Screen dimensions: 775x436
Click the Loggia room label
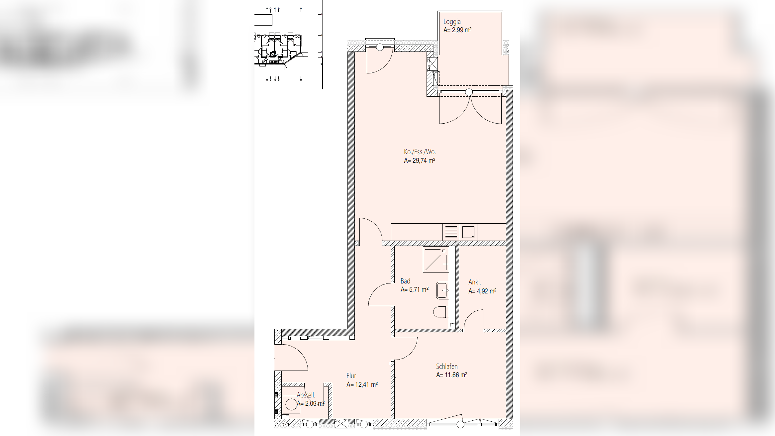coord(452,22)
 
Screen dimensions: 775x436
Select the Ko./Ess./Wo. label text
coord(420,152)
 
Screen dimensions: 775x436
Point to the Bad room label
coord(405,281)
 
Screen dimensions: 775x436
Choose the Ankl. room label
coord(474,282)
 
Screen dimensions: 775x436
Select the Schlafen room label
coord(447,366)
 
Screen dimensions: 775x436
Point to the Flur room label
coord(351,376)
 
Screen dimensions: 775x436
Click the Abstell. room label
coord(306,395)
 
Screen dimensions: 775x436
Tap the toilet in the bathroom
coord(441,312)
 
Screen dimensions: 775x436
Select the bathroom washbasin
coord(442,290)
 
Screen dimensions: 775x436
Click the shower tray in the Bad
coord(436,259)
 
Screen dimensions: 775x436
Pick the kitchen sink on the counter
coord(468,232)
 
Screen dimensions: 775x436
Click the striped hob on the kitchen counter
coord(451,232)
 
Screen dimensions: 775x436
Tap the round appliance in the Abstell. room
coord(291,404)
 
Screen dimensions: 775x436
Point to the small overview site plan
coord(289,45)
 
